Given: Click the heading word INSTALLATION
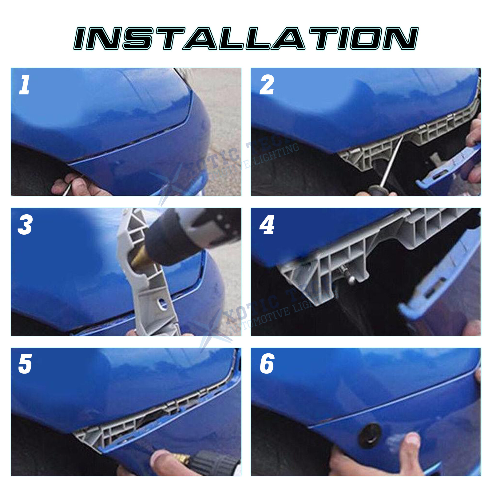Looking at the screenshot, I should [246, 38].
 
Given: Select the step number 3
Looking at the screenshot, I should [25, 225].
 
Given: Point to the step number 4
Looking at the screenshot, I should [267, 225].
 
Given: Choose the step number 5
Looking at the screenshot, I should [25, 364].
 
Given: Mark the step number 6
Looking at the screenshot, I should [267, 364].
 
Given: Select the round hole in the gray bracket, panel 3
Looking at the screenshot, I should [161, 303].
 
